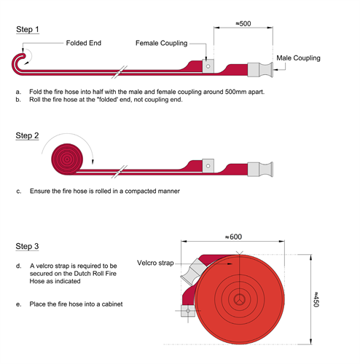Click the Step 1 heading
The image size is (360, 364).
point(28,29)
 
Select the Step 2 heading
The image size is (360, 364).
point(27,135)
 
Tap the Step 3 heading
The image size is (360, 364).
point(27,246)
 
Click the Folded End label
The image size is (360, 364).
point(84,43)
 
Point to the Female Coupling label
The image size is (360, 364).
point(162,43)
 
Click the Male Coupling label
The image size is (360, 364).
point(298,58)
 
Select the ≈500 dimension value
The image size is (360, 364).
point(243,23)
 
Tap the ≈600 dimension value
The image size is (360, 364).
point(233,237)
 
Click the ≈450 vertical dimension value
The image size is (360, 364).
point(316,299)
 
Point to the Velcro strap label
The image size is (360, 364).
point(155,263)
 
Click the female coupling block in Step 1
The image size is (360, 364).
point(208,66)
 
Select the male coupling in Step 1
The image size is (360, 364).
point(260,70)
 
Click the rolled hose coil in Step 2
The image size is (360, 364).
point(67,159)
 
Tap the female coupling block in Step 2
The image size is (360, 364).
point(208,166)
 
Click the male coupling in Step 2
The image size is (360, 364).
point(260,170)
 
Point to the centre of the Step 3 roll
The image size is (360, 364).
point(240,300)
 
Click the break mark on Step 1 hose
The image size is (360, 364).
point(120,72)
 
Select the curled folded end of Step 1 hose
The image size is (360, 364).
point(19,63)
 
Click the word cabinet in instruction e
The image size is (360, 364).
point(112,304)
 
